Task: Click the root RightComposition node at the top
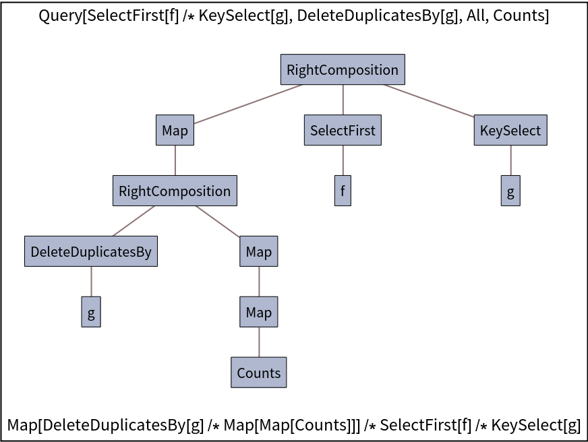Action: pyautogui.click(x=343, y=69)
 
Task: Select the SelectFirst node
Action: pyautogui.click(x=343, y=130)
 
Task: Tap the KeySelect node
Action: pyautogui.click(x=510, y=130)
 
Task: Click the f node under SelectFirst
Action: pyautogui.click(x=343, y=191)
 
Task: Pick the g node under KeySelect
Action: pyautogui.click(x=510, y=191)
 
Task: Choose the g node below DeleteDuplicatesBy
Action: pyautogui.click(x=91, y=312)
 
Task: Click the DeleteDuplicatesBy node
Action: pyautogui.click(x=91, y=251)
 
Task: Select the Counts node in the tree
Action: pyautogui.click(x=259, y=373)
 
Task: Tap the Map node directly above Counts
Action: pyautogui.click(x=259, y=312)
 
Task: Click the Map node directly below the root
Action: pyautogui.click(x=175, y=130)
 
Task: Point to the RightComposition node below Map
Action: pyautogui.click(x=175, y=191)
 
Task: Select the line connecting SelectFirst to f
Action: pyautogui.click(x=343, y=160)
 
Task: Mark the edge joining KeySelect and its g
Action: pyautogui.click(x=510, y=160)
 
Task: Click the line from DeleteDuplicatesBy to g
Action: pyautogui.click(x=91, y=282)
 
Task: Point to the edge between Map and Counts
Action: pyautogui.click(x=259, y=342)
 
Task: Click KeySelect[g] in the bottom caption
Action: pyautogui.click(x=536, y=425)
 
